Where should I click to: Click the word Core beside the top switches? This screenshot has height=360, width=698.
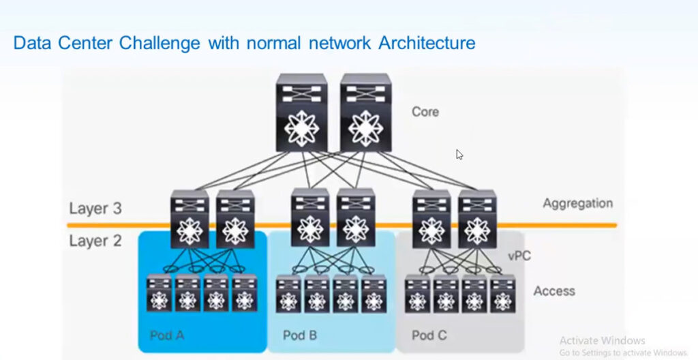click(x=425, y=111)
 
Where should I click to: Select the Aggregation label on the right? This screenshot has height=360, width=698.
click(x=577, y=203)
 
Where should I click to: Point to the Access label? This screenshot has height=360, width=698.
click(x=553, y=291)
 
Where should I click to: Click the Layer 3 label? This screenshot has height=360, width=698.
click(x=95, y=209)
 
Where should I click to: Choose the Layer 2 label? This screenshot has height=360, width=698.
click(x=95, y=241)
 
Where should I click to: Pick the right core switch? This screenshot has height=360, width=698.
click(x=365, y=113)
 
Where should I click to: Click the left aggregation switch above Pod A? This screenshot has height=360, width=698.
click(x=189, y=218)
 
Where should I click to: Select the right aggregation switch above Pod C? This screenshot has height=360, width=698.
click(x=477, y=218)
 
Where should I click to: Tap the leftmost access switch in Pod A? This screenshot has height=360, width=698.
click(x=160, y=293)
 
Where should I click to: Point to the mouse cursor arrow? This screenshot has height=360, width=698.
click(x=459, y=155)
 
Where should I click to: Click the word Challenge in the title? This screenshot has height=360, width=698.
click(x=160, y=43)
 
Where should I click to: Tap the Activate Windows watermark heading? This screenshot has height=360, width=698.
click(x=602, y=340)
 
